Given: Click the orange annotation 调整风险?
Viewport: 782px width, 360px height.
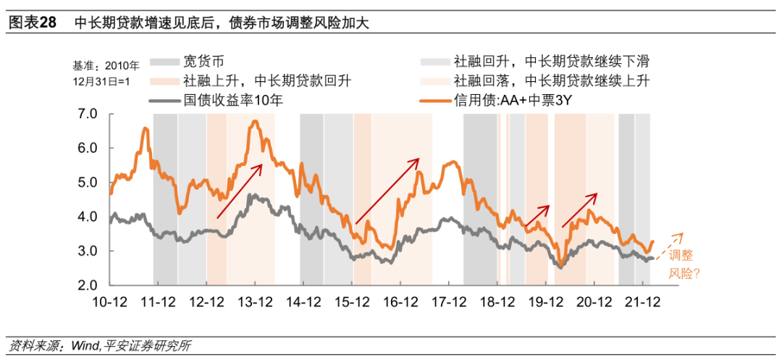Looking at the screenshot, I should [684, 264].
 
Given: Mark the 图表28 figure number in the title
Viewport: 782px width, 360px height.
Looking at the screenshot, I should [31, 22].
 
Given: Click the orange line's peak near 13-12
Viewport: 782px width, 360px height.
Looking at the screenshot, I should [254, 122].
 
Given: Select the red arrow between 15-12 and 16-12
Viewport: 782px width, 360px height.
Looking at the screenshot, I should [387, 191].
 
